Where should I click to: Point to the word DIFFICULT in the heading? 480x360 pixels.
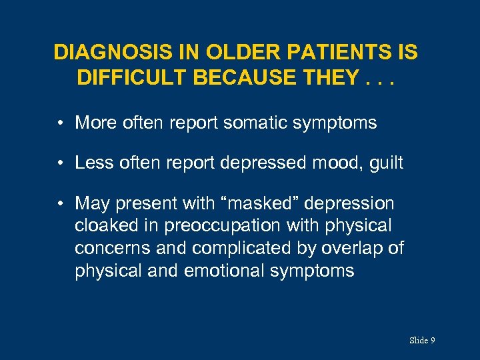point(132,78)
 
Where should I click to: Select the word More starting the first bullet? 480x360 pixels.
point(94,123)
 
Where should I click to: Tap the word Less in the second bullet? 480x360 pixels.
point(92,163)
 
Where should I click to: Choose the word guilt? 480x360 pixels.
point(386,163)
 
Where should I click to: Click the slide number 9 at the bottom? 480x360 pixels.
point(433,341)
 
